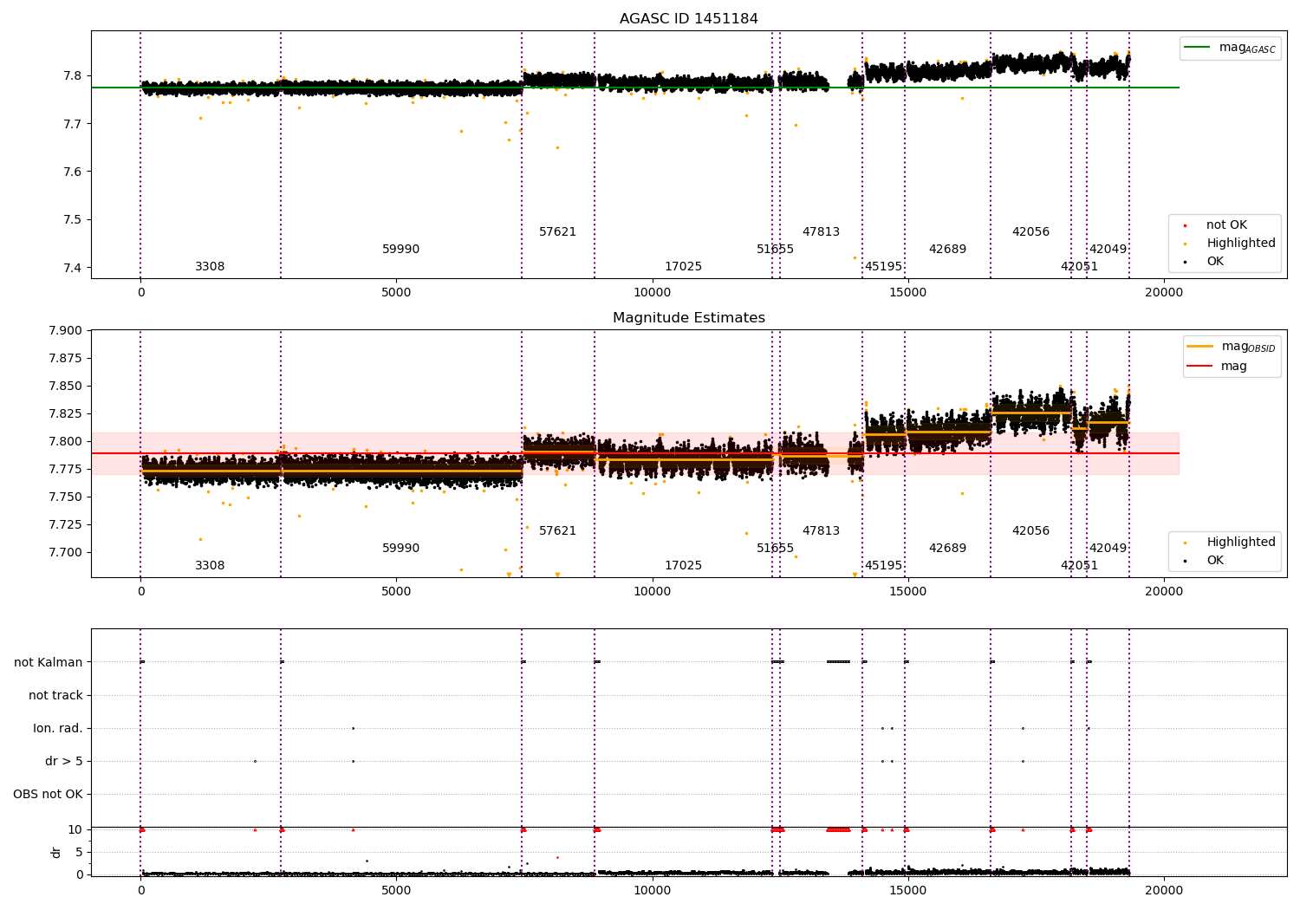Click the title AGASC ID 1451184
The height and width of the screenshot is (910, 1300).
(688, 19)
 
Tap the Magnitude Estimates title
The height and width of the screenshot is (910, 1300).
(688, 318)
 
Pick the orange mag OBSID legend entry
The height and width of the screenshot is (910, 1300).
(1232, 347)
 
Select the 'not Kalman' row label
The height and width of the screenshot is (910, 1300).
(49, 662)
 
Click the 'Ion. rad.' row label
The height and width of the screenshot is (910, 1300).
(58, 728)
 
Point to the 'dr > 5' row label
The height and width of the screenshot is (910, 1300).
(63, 761)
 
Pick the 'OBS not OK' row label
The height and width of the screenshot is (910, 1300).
(48, 794)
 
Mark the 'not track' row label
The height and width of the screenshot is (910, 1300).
(55, 695)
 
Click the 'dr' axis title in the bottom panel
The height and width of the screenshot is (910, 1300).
(56, 852)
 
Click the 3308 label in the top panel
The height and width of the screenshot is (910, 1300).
(210, 267)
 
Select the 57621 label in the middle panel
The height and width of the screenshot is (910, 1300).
(557, 530)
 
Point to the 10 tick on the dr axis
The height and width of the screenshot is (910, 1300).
(75, 829)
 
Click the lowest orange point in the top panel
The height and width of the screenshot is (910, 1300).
(855, 257)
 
